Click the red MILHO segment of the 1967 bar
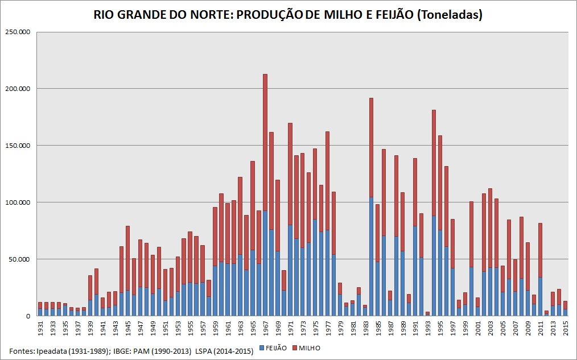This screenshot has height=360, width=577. [x=265, y=142]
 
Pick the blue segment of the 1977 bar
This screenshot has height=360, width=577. [x=328, y=273]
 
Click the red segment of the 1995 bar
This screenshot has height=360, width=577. [x=440, y=183]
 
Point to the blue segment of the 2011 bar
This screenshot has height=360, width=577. [x=541, y=296]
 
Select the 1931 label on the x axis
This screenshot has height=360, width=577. [x=40, y=329]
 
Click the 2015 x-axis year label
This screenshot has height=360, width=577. [x=566, y=329]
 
